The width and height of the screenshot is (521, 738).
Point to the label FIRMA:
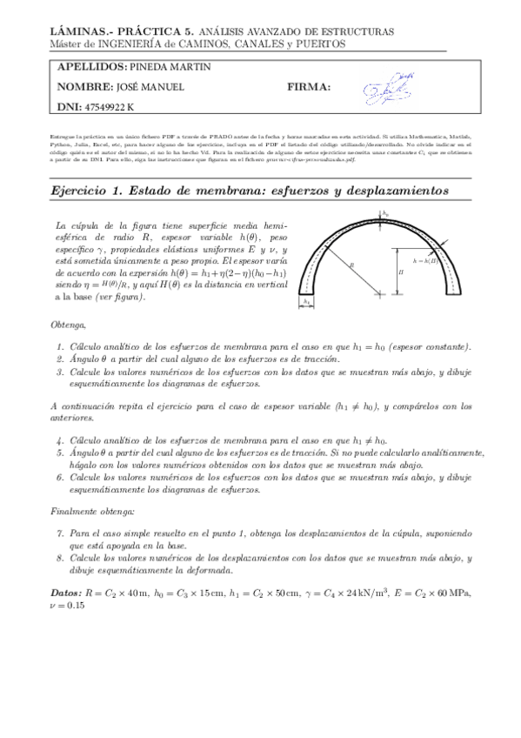[307, 87]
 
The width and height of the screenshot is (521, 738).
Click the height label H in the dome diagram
[401, 272]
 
